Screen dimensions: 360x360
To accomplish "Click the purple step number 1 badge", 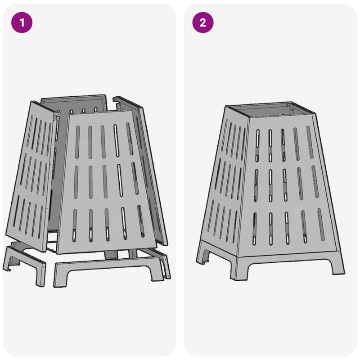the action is tap(22, 22).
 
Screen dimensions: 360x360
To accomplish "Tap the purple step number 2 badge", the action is tap(203, 22).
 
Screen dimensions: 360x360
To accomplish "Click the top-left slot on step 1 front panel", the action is tap(77, 142).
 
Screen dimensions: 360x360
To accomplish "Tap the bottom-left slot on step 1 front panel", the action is tap(74, 225).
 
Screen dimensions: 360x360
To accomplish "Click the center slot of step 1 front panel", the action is tap(105, 182).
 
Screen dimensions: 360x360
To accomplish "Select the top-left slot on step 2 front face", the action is tap(257, 145).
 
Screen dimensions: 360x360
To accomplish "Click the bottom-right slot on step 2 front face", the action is tap(322, 224).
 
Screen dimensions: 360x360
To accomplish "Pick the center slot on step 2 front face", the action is tap(285, 185).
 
